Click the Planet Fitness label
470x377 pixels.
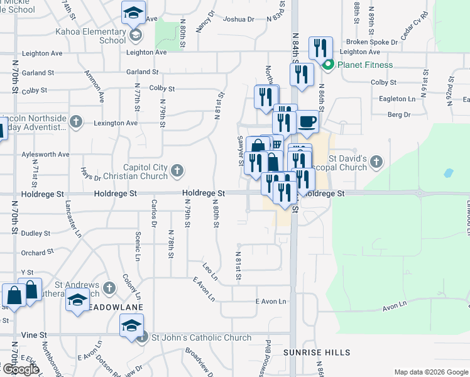pyautogui.click(x=365, y=65)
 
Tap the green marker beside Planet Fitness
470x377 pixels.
pyautogui.click(x=327, y=65)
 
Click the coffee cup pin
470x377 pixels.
pyautogui.click(x=307, y=121)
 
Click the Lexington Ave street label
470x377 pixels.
pyautogui.click(x=115, y=123)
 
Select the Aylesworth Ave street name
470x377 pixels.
pyautogui.click(x=45, y=154)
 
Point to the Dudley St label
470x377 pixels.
pyautogui.click(x=36, y=233)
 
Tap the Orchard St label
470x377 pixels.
pyautogui.click(x=37, y=253)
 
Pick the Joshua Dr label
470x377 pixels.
pyautogui.click(x=239, y=19)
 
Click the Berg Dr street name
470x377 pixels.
pyautogui.click(x=398, y=115)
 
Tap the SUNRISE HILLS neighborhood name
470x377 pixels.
pyautogui.click(x=307, y=353)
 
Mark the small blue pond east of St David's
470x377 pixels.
pyautogui.click(x=448, y=173)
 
